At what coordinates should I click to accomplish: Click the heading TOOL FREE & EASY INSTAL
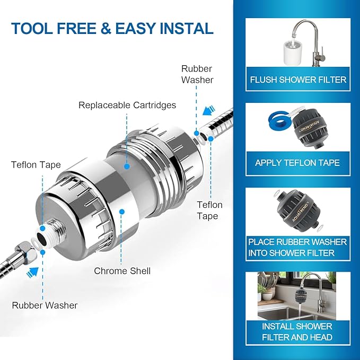[x=112, y=28]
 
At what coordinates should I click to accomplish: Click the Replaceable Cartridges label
[x=127, y=105]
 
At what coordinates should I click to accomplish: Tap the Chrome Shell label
[x=122, y=271]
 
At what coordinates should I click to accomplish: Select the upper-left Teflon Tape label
[x=36, y=165]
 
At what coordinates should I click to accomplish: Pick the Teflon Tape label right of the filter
[x=209, y=210]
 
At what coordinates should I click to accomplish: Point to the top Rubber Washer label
[x=197, y=74]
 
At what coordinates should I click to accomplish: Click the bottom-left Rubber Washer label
[x=45, y=305]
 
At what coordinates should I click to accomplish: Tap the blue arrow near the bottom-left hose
[x=34, y=271]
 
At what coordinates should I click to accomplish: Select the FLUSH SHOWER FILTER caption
[x=298, y=80]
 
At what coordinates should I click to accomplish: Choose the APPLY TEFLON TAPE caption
[x=297, y=163]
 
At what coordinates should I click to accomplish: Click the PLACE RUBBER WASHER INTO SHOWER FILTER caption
[x=298, y=247]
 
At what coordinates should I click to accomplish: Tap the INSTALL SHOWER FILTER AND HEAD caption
[x=297, y=331]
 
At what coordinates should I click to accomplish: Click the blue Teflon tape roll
[x=275, y=124]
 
